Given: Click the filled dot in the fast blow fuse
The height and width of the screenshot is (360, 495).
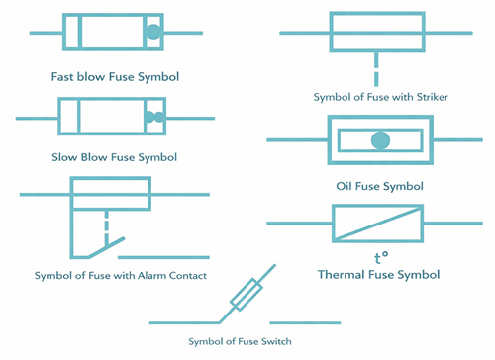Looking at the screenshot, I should pyautogui.click(x=151, y=33).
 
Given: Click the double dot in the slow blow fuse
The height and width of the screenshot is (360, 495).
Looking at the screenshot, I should pyautogui.click(x=153, y=117).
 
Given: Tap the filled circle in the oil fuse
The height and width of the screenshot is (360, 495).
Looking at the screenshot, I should pyautogui.click(x=379, y=140).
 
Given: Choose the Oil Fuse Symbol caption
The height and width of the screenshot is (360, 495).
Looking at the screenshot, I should pyautogui.click(x=379, y=185).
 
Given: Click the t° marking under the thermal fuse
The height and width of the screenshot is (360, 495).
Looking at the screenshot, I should pyautogui.click(x=379, y=257).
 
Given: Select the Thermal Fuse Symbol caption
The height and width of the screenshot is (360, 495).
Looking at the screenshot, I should pyautogui.click(x=379, y=274).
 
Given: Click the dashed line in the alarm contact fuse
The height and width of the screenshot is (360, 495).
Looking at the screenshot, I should pyautogui.click(x=104, y=219).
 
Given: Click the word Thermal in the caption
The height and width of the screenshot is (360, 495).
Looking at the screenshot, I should pyautogui.click(x=346, y=274).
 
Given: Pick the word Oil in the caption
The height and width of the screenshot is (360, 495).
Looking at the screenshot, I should pyautogui.click(x=346, y=185).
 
